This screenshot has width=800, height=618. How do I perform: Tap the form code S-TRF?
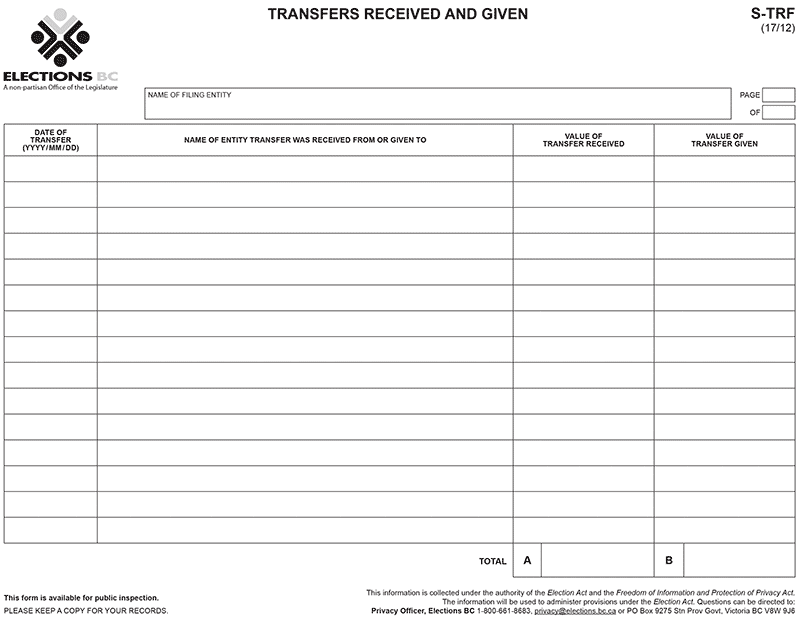pos(773,14)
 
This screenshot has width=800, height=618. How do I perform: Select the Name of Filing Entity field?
pos(437,104)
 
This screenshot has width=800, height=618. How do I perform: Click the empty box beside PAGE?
pos(779,95)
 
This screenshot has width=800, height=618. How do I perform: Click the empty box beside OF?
pos(779,112)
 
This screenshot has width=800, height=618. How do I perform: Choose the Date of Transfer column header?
pos(50,140)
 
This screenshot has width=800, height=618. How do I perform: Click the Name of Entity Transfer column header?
pos(305,140)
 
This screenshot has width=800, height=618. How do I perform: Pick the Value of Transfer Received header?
pos(583,140)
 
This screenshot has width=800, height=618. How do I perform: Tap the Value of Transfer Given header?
pos(724,140)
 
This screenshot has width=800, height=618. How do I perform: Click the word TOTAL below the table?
pos(493,562)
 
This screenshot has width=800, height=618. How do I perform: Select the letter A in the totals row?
pos(527,561)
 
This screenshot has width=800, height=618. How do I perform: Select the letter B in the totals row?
pos(669,561)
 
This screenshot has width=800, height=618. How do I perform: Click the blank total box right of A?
pos(597,561)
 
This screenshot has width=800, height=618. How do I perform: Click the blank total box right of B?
pos(739,561)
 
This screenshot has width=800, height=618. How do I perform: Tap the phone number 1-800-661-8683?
pos(505,610)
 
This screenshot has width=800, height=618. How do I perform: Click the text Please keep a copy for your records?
pos(86,610)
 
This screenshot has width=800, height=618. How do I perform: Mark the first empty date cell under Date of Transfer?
pos(50,169)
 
